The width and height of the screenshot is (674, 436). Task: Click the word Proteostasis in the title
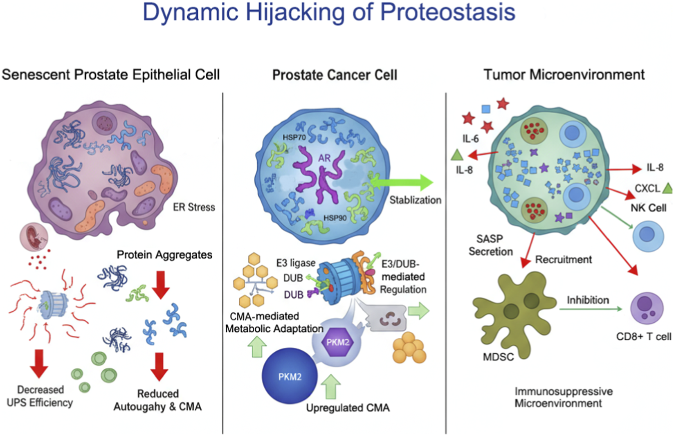point(447,12)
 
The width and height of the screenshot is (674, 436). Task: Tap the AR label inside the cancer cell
point(324,158)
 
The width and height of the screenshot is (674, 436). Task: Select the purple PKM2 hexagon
point(337,342)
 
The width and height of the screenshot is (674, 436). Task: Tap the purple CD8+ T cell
point(647,308)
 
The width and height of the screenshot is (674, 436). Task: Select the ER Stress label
point(194,207)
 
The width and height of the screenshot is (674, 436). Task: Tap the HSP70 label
point(294,137)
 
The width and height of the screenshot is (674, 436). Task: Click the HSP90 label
point(335,218)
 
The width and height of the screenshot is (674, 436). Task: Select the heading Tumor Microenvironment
point(564,75)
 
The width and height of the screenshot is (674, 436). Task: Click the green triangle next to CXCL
point(667,188)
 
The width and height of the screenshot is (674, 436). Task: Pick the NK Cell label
point(648,208)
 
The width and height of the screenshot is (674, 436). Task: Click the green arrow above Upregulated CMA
point(330,387)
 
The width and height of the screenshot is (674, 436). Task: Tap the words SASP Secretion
point(490,245)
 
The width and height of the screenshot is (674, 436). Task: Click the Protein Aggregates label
point(164,255)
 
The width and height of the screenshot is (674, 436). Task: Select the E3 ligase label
point(296,263)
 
